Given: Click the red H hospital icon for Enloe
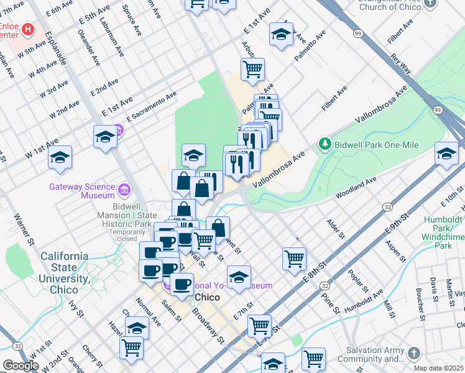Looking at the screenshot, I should click(28, 29).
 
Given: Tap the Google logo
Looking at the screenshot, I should click(21, 366).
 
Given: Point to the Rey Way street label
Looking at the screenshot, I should click(401, 63).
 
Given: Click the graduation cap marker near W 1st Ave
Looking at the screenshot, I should click(60, 157).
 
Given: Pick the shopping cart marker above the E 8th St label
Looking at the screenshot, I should click(294, 257).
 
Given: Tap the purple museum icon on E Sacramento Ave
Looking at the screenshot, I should click(119, 131).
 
